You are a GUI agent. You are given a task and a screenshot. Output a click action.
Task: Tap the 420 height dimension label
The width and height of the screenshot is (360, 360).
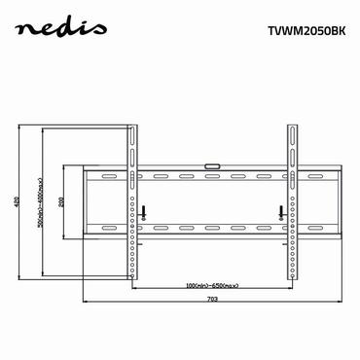(x=18, y=202)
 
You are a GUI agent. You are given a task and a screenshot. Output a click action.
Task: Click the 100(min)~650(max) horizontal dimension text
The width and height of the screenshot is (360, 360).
(x=211, y=285)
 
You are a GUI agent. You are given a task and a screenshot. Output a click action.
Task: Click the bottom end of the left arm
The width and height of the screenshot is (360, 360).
(x=133, y=272)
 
